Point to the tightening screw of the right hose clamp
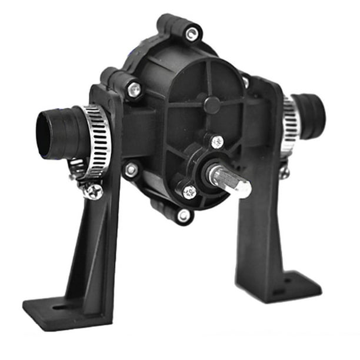[x=285, y=171]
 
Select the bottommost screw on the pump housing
[x=185, y=216]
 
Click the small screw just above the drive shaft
[x=217, y=141]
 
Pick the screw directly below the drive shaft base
[x=189, y=191]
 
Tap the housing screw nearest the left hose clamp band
[x=131, y=170]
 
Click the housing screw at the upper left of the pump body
[x=135, y=89]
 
